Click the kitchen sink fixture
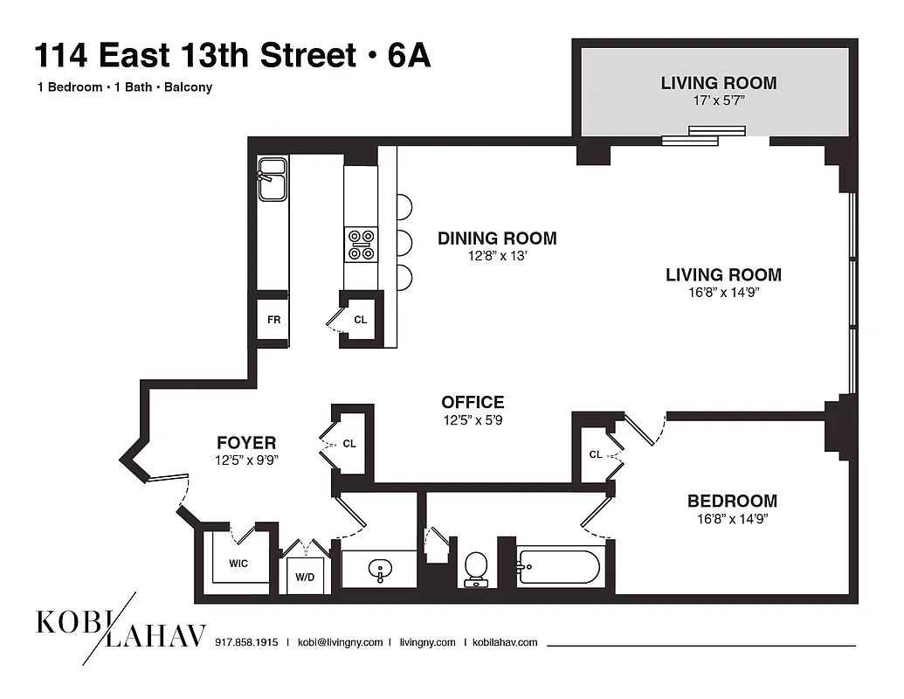pos(272,179)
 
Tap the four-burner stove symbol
pos(362,244)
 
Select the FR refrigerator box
pos(273,320)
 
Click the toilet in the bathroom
pos(476,568)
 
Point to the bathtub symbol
pos(559,568)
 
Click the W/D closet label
pos(306,576)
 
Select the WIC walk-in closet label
pos(238,564)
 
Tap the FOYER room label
pos(246,443)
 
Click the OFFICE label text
pos(473,403)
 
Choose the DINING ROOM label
pos(497,239)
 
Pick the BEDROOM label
pos(732,502)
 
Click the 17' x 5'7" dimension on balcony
pos(719,101)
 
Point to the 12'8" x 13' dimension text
pos(497,257)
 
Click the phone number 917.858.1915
pos(246,642)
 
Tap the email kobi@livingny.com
pos(340,642)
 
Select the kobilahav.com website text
pos(505,642)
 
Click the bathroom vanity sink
pos(380,571)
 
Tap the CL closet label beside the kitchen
pos(361,320)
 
